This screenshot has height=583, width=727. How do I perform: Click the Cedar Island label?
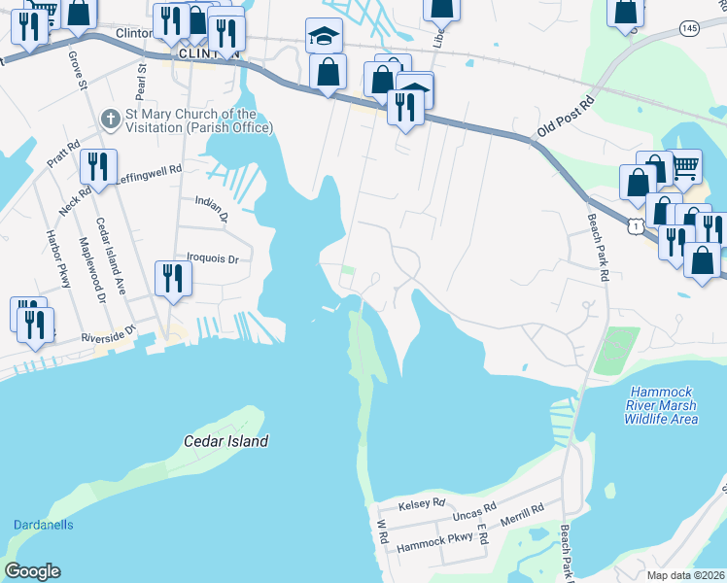click(x=225, y=441)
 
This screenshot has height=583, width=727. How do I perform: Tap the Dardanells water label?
click(x=44, y=525)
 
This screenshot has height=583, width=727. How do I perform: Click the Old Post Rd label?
click(x=565, y=115)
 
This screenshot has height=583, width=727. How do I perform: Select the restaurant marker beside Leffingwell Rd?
click(x=99, y=167)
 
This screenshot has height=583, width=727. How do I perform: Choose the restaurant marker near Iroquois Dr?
click(x=173, y=277)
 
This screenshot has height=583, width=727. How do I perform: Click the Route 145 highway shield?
click(x=689, y=30)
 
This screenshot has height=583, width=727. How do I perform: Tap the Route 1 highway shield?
click(x=634, y=225)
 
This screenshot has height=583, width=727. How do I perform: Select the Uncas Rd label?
click(x=476, y=508)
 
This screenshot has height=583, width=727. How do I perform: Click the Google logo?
click(x=33, y=571)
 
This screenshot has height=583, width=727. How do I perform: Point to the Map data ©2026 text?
click(x=685, y=575)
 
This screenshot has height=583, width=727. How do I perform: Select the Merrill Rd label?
click(x=523, y=509)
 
